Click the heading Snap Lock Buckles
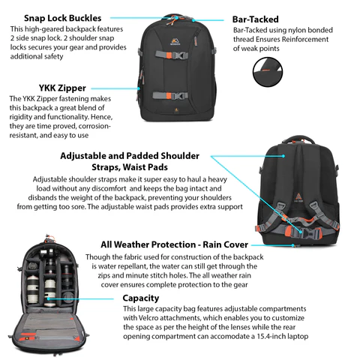point(62,18)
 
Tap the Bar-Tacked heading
point(255,19)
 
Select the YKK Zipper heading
point(62,88)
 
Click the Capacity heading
point(141,298)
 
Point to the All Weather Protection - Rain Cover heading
point(174,244)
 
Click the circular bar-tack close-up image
point(268,72)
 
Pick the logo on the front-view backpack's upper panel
point(173,41)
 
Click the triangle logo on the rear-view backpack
point(298,197)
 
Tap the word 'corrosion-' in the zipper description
point(94,126)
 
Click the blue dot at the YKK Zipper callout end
point(139,88)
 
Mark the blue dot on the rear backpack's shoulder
point(283,156)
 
